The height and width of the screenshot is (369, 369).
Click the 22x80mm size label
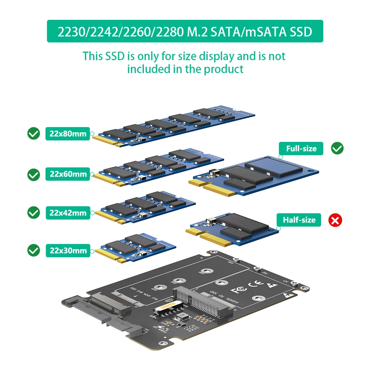[68, 133]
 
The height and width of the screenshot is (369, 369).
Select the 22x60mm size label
[68, 174]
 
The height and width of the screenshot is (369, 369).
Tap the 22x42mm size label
[68, 213]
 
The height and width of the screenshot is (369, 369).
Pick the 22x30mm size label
[68, 251]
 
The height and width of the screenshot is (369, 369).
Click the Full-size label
[301, 149]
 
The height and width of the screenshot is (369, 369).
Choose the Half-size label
[299, 220]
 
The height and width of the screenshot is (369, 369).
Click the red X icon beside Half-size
[335, 220]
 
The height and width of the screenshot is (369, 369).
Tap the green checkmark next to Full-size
[337, 148]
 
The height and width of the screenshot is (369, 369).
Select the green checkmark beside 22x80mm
[34, 133]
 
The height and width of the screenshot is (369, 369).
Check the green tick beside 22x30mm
[34, 251]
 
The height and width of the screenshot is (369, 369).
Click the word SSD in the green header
[297, 32]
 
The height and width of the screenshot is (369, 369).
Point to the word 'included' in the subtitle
[145, 69]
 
